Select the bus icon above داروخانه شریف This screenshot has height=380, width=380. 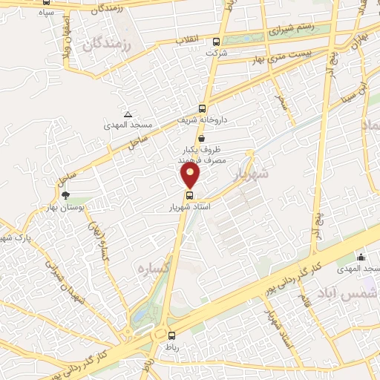click(x=203, y=108)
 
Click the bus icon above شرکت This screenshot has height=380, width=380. click(x=216, y=42)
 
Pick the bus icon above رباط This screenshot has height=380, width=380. click(x=171, y=335)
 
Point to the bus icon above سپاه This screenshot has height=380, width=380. click(x=47, y=2)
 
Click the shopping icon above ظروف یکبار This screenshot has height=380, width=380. click(x=202, y=138)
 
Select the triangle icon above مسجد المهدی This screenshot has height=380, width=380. click(x=128, y=114)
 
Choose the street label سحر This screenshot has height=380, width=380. click(x=281, y=102)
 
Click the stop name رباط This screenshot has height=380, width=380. click(x=171, y=346)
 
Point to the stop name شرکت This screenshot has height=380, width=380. click(x=217, y=53)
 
